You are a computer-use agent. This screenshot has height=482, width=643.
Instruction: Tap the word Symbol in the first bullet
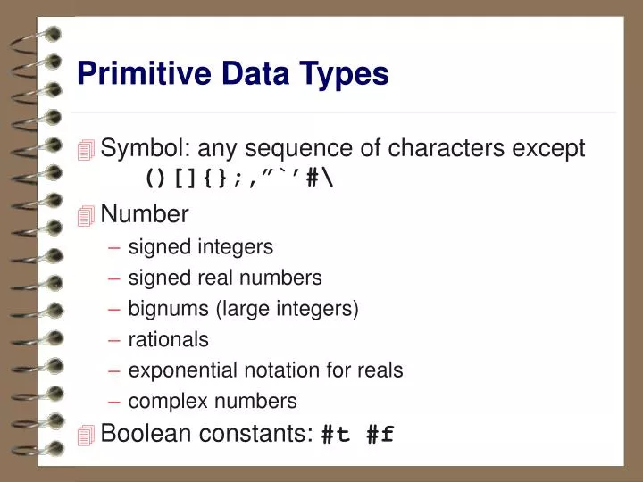click(x=137, y=148)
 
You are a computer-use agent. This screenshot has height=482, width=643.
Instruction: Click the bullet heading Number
click(x=145, y=214)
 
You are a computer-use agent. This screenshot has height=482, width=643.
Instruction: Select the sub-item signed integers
click(x=201, y=246)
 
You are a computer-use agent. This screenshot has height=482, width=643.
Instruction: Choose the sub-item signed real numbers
click(x=225, y=278)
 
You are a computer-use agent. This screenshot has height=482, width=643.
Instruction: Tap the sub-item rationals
click(x=169, y=340)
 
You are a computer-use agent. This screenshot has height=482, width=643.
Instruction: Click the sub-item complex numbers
click(x=213, y=402)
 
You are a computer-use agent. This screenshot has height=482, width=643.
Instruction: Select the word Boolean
click(x=140, y=434)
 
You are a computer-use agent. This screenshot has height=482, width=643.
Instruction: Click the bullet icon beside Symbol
click(x=86, y=151)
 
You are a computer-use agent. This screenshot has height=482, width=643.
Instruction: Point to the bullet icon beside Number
click(x=86, y=216)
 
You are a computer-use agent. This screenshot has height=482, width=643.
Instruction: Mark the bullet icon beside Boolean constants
click(x=86, y=436)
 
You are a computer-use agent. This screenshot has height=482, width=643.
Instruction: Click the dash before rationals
click(x=116, y=340)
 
